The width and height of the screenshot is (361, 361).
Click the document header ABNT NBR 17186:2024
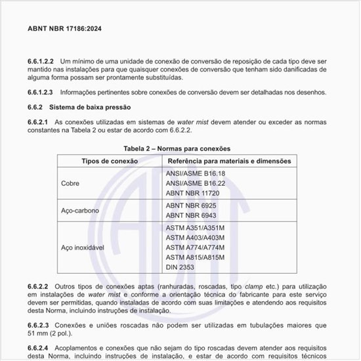point(64,30)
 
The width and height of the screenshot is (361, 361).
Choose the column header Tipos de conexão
point(109,161)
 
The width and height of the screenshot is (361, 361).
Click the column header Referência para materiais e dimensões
point(230,161)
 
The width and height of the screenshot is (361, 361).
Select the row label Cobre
point(70,184)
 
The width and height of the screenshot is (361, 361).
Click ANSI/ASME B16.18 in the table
point(195,174)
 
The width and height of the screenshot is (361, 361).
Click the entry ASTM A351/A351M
point(195,227)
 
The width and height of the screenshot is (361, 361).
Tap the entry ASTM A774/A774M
point(195,247)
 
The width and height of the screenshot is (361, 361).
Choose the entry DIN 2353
point(181,268)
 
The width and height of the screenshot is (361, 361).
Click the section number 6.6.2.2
point(38,287)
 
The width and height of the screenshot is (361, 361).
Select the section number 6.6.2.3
point(38,325)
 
